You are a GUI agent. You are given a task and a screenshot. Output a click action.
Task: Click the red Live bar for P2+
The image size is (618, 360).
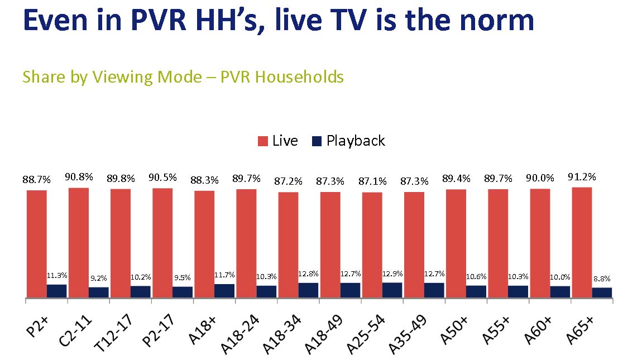[x=37, y=244]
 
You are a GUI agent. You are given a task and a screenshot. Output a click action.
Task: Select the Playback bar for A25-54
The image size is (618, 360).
[x=392, y=290]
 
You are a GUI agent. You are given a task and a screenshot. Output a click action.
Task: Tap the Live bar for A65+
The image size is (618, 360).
[x=581, y=243]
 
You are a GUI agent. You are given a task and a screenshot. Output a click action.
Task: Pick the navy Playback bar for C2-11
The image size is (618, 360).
[x=99, y=292]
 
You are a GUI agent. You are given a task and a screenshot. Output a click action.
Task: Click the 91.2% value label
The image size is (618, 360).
[x=581, y=177]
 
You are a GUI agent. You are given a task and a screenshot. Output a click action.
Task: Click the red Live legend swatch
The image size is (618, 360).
[x=262, y=142]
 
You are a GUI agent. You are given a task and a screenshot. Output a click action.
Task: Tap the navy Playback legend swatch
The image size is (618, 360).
[x=317, y=142]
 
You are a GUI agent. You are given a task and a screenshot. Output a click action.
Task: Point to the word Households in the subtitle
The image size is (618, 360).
[x=299, y=76]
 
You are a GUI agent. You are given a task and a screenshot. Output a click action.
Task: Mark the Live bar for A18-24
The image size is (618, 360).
[x=246, y=244]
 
